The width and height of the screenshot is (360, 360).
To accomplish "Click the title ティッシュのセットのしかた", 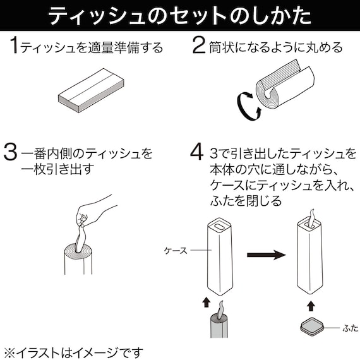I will pyautogui.click(x=179, y=15).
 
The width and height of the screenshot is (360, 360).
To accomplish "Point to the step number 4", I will pyautogui.click(x=197, y=153).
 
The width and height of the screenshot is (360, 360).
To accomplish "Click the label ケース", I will pyautogui.click(x=175, y=251).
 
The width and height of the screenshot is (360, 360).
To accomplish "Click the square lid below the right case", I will pyautogui.click(x=311, y=328).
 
